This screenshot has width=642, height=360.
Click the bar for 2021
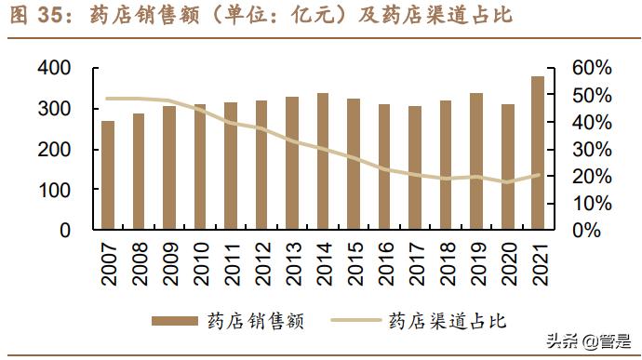(539, 153)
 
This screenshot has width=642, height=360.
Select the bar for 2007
(108, 175)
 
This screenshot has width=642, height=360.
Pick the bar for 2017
(415, 167)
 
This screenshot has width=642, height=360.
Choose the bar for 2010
(200, 167)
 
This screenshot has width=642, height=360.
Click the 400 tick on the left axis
(56, 69)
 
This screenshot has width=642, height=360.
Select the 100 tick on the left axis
(56, 190)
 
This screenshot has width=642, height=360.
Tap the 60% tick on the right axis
(591, 69)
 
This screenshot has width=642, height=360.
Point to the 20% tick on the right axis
(591, 177)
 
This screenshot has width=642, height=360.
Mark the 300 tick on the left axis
(56, 109)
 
